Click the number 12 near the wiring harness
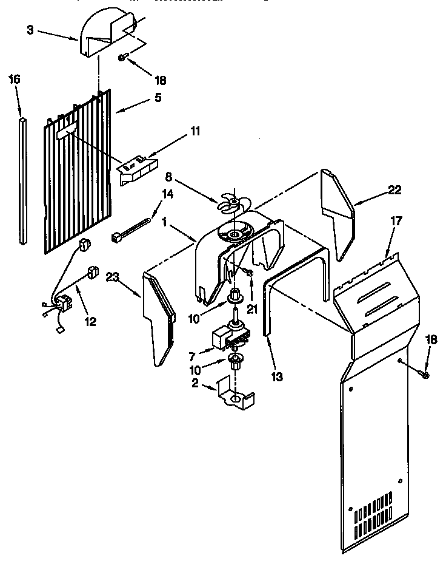(90, 322)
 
